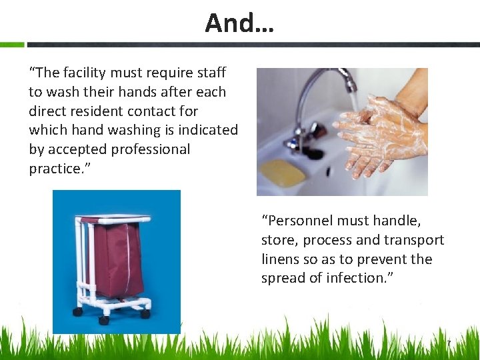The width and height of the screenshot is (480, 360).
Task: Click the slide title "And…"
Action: click(x=239, y=23)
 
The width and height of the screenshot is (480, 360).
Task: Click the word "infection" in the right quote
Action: click(x=360, y=278)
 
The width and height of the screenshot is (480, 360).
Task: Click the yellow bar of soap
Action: click(x=282, y=172)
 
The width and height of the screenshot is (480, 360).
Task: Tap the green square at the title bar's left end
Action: click(x=11, y=45)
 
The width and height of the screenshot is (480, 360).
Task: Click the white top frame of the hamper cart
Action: click(x=113, y=219)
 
